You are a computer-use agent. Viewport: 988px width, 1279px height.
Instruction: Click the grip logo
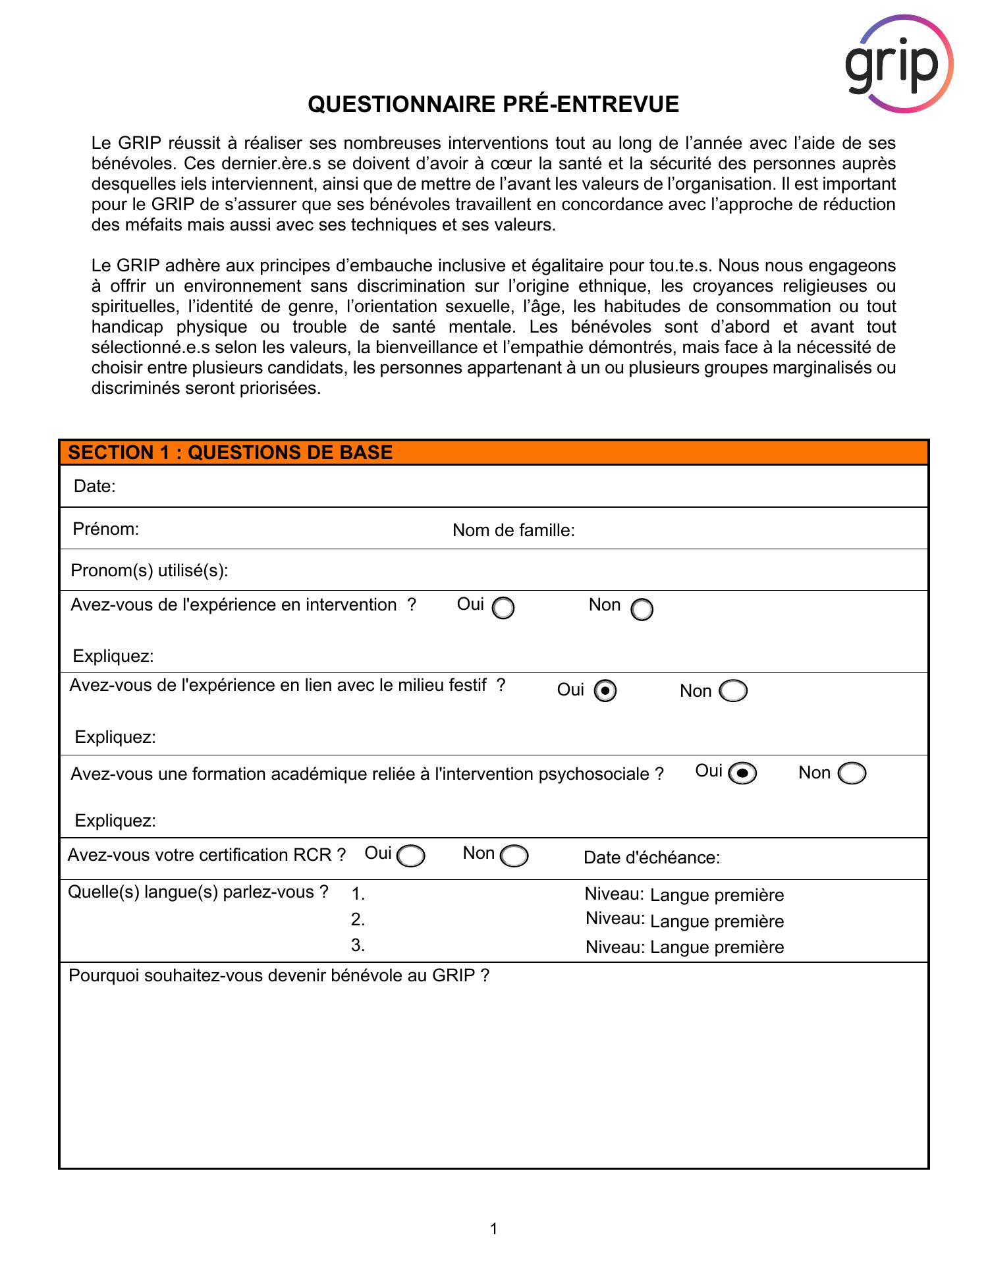[898, 64]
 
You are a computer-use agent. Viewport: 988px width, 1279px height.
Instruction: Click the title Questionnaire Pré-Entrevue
[493, 105]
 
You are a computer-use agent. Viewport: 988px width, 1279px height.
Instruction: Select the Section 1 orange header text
[231, 452]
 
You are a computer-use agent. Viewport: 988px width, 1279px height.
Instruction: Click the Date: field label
[94, 486]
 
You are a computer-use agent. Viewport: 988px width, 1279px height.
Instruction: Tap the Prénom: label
[106, 529]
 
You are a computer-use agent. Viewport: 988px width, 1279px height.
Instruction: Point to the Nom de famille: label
[513, 531]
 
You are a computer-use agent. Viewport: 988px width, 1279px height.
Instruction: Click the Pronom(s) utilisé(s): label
[150, 570]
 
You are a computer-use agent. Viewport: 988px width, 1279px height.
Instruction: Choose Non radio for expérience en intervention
[642, 610]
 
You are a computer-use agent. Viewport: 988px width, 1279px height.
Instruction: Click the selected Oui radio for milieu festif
[605, 691]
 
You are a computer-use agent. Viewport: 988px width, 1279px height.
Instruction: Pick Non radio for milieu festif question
[733, 691]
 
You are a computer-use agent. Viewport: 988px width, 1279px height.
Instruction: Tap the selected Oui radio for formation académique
[743, 774]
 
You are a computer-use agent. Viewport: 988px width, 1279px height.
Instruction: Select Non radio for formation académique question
[852, 774]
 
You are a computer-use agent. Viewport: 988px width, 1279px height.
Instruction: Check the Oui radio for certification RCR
[411, 856]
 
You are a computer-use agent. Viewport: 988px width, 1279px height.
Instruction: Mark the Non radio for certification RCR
[514, 856]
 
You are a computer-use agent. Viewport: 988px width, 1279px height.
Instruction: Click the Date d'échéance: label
[651, 857]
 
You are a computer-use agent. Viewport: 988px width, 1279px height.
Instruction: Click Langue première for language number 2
[717, 921]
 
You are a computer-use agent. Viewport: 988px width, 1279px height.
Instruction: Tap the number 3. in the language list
[358, 945]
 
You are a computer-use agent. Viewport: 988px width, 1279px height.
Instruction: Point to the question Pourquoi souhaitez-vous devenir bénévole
[279, 975]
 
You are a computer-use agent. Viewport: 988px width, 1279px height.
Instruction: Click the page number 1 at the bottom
[493, 1228]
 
